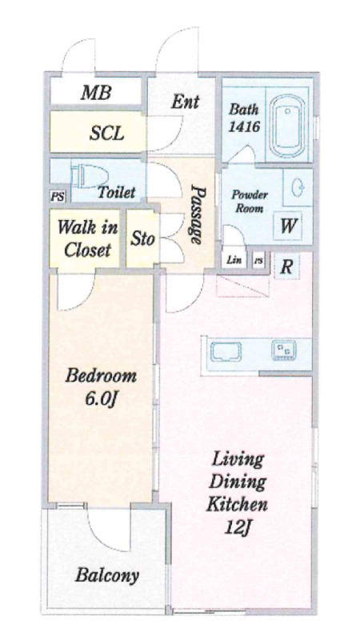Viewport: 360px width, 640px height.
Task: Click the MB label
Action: [x=96, y=93]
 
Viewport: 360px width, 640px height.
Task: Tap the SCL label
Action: [x=106, y=133]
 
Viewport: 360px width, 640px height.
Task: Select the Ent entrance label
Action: [x=185, y=102]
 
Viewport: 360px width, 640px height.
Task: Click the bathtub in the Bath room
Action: [x=290, y=126]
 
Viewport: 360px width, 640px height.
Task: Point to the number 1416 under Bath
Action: [x=244, y=126]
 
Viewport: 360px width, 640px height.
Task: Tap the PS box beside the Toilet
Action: [x=58, y=196]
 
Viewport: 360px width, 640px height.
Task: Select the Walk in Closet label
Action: [x=87, y=238]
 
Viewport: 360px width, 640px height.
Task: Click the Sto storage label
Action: [x=142, y=238]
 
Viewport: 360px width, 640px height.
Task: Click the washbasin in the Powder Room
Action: [x=298, y=188]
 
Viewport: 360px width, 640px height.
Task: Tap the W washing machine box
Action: [x=288, y=226]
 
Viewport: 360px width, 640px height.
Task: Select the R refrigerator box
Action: [x=287, y=267]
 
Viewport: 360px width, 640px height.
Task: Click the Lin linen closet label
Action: [x=234, y=259]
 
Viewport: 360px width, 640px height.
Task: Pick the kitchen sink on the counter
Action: [x=226, y=352]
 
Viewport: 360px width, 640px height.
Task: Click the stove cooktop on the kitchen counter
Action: [x=284, y=351]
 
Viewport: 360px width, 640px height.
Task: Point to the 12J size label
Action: [x=237, y=527]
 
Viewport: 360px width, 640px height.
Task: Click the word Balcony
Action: [x=107, y=575]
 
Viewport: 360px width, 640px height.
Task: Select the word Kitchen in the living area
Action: [x=237, y=504]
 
